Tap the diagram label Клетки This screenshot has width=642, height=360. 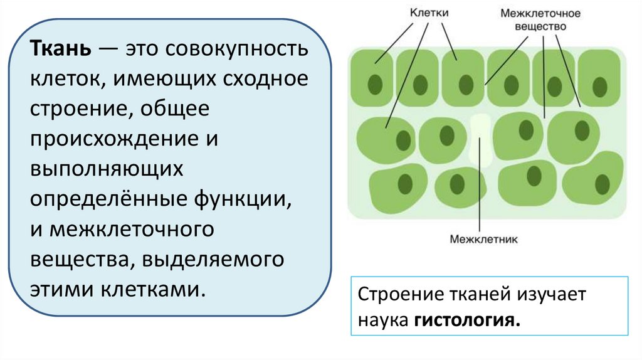coord(428,13)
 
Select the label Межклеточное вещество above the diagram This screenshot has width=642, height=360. coord(540,20)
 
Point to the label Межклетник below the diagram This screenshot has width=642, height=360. coord(480,238)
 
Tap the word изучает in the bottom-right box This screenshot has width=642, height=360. coord(550,295)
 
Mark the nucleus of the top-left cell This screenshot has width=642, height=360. coord(376,84)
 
